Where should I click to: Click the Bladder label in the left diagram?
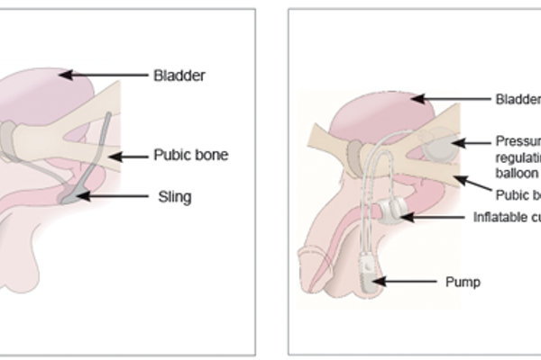coord(179,76)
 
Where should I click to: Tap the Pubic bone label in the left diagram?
coord(190,155)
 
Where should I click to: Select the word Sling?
coord(173,194)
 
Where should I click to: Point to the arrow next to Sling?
coord(115,194)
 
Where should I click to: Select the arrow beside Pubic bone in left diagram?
coord(127,156)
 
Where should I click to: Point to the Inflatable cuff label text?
coord(507,217)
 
